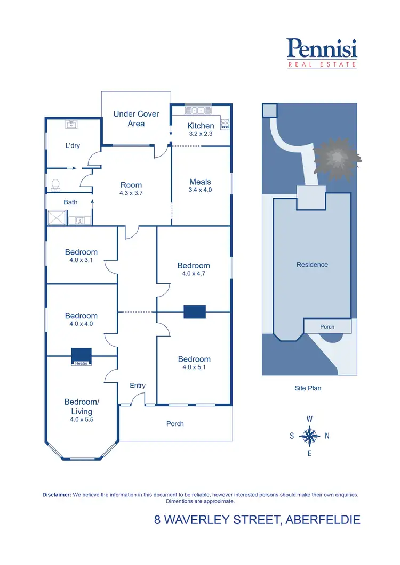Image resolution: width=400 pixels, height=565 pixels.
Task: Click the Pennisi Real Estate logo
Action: (322, 53)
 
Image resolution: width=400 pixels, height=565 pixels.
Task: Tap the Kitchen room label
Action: (201, 126)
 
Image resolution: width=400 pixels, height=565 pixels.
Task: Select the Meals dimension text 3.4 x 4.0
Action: (200, 190)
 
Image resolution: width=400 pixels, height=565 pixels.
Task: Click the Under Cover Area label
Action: (136, 119)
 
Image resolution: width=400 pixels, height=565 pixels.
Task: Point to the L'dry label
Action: (73, 145)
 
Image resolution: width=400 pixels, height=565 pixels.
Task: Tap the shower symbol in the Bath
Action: (55, 218)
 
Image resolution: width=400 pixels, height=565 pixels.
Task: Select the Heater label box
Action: (81, 363)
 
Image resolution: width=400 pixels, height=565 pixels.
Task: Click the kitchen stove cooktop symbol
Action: (225, 124)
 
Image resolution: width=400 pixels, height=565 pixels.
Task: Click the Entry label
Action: (138, 386)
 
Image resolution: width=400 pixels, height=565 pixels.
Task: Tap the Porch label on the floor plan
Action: (175, 424)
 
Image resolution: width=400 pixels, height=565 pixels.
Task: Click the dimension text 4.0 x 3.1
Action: (81, 260)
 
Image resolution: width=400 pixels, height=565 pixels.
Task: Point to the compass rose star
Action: (309, 436)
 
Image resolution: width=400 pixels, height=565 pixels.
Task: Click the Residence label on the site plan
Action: (312, 265)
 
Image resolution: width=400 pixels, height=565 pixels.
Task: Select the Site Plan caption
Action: (308, 388)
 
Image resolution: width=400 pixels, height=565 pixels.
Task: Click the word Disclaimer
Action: (57, 495)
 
